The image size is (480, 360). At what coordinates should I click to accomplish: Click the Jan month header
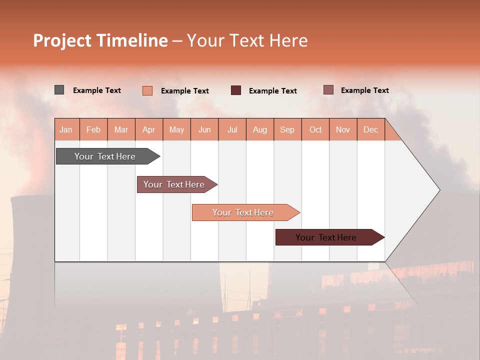(66, 129)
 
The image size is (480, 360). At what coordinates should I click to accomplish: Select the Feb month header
(93, 129)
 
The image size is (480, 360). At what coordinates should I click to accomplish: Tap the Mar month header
(121, 129)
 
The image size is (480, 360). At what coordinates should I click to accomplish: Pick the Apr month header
(149, 129)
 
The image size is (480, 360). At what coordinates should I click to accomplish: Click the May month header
(176, 129)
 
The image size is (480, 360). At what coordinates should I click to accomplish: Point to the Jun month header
(204, 129)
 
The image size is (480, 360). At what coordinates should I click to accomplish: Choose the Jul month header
(232, 129)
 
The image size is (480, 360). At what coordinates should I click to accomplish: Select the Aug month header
(260, 129)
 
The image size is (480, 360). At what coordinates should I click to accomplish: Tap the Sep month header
(287, 129)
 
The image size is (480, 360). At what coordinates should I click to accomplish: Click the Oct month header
(315, 129)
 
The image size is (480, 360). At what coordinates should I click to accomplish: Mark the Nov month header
(343, 129)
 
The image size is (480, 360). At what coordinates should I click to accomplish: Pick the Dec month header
(371, 129)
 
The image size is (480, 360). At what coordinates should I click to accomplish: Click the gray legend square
(59, 90)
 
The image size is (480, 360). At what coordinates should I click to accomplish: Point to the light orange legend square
(147, 90)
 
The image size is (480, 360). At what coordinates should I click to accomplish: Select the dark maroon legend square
(236, 90)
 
